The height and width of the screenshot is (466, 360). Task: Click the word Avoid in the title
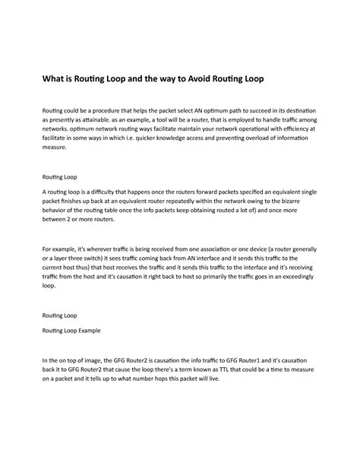[x=203, y=79]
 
